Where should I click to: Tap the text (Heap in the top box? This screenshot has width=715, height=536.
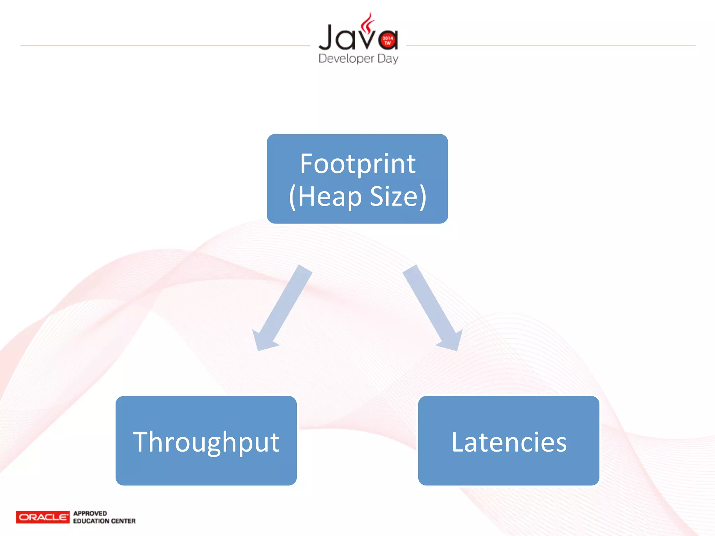(325, 196)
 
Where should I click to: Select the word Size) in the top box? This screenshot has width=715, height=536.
(398, 196)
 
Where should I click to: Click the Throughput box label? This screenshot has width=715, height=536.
(206, 442)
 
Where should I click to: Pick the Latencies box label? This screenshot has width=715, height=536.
(509, 442)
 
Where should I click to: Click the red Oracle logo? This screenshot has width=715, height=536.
(43, 517)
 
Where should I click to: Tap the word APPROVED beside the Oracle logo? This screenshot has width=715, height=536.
(90, 513)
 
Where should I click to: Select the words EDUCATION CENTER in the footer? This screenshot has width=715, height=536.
(104, 521)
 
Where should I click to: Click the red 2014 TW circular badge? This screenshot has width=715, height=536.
(388, 40)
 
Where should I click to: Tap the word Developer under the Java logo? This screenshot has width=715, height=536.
(346, 58)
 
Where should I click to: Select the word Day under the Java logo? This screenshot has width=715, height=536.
(388, 58)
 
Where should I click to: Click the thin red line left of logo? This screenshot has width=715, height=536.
(164, 45)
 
